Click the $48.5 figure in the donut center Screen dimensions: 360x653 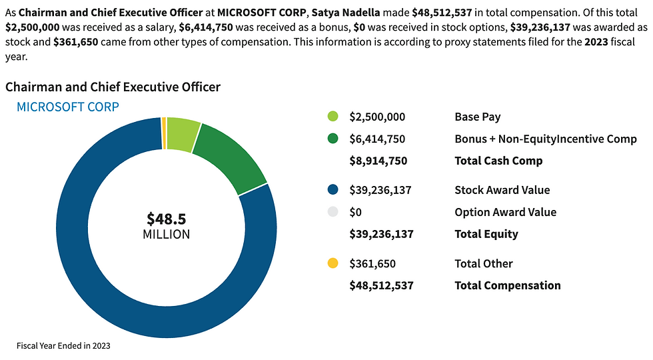point(167,219)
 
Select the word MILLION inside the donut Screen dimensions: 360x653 point(167,235)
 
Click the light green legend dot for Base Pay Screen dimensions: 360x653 point(333,117)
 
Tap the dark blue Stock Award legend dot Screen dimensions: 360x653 point(333,190)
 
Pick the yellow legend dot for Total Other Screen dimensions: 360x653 point(333,263)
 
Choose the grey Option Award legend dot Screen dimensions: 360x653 point(333,212)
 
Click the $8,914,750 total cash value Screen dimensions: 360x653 point(378,161)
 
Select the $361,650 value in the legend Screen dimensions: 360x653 point(374,263)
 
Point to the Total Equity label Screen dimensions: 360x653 point(486,234)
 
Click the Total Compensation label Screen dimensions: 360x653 point(508,285)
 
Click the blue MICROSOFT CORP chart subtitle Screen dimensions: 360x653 point(67,107)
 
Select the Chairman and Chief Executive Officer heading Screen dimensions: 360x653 point(113,87)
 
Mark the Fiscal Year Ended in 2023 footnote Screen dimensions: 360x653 point(63,346)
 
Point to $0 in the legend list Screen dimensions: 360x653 point(356,212)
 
